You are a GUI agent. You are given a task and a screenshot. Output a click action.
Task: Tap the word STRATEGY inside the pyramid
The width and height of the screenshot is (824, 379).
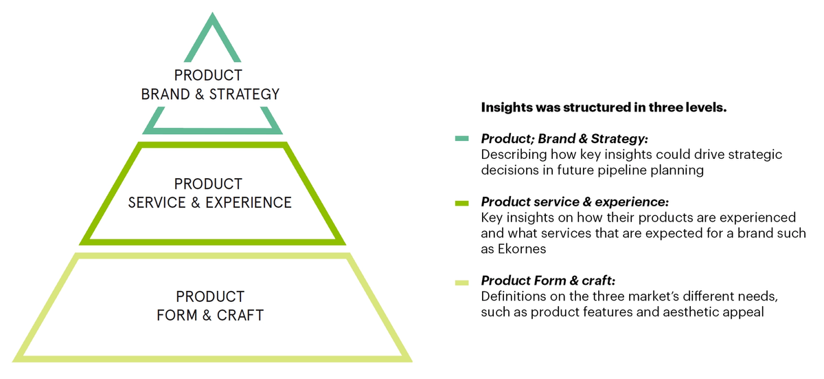(x=244, y=94)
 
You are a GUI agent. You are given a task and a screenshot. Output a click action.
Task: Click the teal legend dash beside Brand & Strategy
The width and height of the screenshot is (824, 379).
(x=461, y=138)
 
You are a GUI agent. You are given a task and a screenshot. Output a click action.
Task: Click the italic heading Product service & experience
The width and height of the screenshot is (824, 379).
(x=575, y=202)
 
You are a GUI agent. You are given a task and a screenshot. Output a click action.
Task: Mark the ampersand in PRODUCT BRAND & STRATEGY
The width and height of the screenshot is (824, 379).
(x=199, y=94)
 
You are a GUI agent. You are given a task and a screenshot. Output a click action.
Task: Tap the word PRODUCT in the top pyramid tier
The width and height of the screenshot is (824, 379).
(x=208, y=75)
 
